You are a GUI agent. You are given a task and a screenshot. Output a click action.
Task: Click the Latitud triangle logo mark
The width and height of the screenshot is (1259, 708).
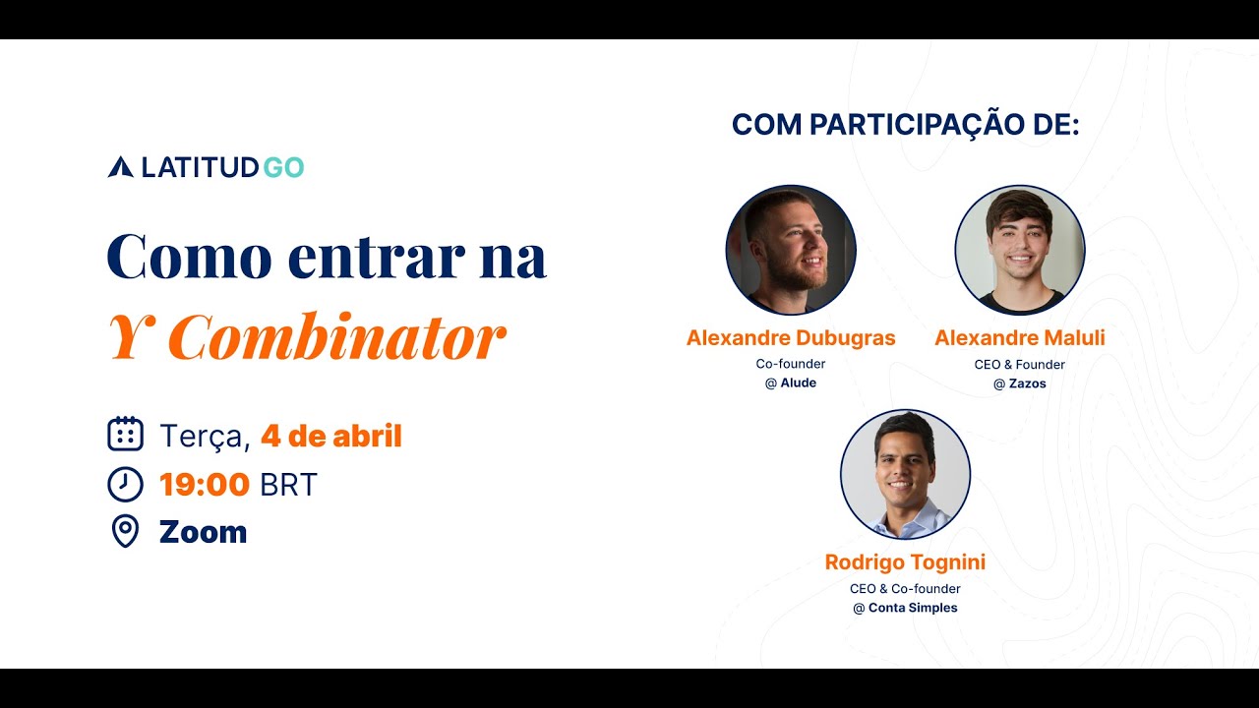pyautogui.click(x=120, y=167)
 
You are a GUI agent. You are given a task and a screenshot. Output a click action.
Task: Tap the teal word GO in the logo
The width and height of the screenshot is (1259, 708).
pyautogui.click(x=284, y=167)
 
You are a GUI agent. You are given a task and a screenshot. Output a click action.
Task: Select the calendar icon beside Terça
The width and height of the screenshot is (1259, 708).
pyautogui.click(x=125, y=434)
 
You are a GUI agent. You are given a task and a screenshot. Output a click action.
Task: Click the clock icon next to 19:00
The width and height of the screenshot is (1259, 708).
pyautogui.click(x=125, y=484)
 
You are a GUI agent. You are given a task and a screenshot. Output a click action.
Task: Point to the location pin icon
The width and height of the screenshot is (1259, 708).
pyautogui.click(x=125, y=532)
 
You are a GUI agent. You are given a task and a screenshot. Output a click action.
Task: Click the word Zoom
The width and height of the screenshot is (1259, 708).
pyautogui.click(x=203, y=532)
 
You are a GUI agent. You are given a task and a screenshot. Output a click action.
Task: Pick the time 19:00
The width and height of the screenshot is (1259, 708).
pyautogui.click(x=205, y=484)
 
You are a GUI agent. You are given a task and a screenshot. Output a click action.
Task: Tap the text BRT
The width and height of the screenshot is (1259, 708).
pyautogui.click(x=288, y=484)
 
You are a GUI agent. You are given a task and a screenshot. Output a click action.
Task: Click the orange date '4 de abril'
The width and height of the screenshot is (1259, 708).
pyautogui.click(x=331, y=436)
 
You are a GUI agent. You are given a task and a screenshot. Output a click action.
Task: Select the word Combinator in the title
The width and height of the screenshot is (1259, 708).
pyautogui.click(x=336, y=338)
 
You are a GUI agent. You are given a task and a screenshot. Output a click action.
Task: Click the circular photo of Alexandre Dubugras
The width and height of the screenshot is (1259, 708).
pyautogui.click(x=791, y=250)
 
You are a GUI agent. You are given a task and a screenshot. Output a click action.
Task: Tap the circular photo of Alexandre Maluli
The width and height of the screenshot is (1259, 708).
pyautogui.click(x=1019, y=250)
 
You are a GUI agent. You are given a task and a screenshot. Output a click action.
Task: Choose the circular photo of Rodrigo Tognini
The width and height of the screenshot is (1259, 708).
pyautogui.click(x=905, y=474)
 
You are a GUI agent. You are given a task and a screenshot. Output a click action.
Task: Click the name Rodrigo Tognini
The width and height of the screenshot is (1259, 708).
pyautogui.click(x=905, y=562)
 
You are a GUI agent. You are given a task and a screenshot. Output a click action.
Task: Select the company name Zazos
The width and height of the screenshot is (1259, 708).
pyautogui.click(x=1027, y=383)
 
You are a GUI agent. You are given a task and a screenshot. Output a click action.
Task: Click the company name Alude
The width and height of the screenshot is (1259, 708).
pyautogui.click(x=798, y=383)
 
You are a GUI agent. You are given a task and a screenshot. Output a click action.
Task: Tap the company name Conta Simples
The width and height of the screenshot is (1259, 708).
pyautogui.click(x=913, y=608)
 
